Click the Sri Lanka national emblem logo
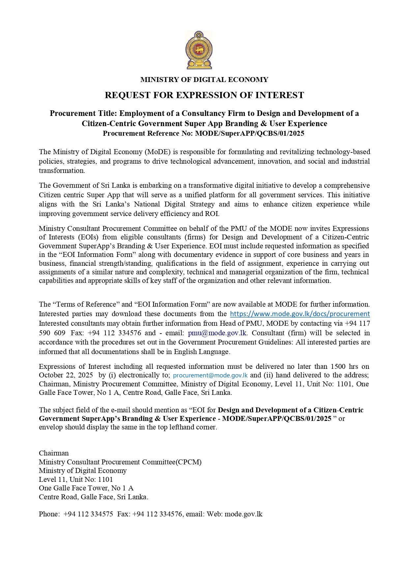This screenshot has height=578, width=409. (199, 50)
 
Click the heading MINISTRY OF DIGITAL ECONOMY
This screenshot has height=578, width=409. (204, 80)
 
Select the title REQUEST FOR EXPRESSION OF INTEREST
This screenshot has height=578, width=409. (204, 95)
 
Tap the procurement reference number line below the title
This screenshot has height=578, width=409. (203, 133)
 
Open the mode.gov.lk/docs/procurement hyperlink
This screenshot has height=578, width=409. (300, 314)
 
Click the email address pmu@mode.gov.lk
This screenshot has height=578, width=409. (217, 333)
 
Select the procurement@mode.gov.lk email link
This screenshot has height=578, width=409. (210, 375)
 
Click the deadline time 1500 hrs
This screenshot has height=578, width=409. (344, 367)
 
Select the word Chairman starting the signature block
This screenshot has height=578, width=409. (54, 453)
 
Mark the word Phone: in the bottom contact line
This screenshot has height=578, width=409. (49, 514)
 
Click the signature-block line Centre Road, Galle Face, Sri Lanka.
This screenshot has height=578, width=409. (94, 497)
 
